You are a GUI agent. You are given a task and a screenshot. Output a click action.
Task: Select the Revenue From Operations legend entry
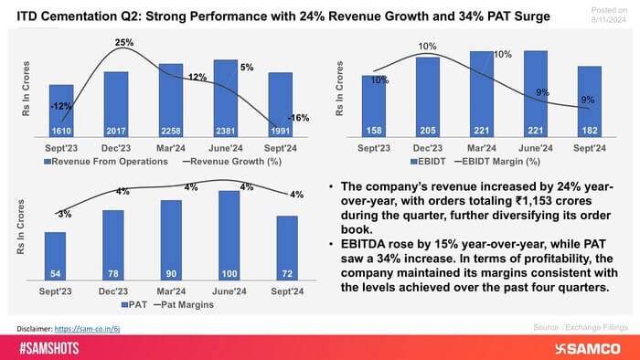click(x=112, y=160)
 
